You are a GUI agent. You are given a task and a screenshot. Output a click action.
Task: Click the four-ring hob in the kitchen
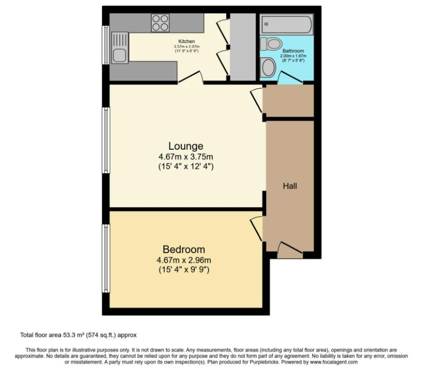(160, 23)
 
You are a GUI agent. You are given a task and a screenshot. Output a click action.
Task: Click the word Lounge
(186, 146)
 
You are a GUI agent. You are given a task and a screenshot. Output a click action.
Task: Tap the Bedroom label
(183, 249)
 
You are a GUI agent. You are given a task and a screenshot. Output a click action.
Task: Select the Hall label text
(290, 186)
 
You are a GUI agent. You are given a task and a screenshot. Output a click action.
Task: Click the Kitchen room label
(187, 42)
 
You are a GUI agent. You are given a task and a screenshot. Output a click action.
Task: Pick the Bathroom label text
(293, 51)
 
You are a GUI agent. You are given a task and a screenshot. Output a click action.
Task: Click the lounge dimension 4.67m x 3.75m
(186, 157)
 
